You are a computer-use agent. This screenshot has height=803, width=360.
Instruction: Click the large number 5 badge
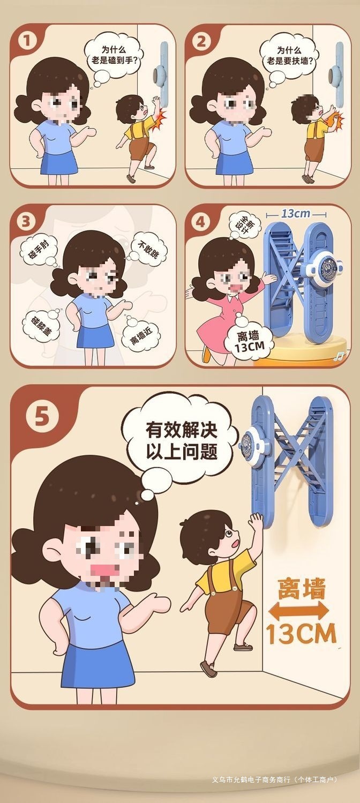coord(42,417)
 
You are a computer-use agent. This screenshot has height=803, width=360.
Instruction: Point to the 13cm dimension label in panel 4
coord(296,214)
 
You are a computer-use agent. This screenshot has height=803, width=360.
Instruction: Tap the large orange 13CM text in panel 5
coord(302,634)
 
